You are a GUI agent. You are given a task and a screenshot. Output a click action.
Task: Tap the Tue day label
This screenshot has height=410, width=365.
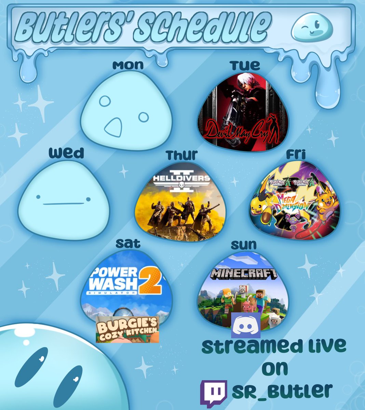pyautogui.click(x=244, y=65)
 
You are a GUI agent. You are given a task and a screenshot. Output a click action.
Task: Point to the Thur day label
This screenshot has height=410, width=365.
pyautogui.click(x=182, y=155)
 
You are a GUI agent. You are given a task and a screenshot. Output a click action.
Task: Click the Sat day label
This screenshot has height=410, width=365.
pyautogui.click(x=128, y=243)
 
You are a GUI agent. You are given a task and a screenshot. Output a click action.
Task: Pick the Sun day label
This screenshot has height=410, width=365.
pyautogui.click(x=243, y=245)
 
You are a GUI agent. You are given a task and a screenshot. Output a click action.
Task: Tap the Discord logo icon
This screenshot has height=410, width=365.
pyautogui.click(x=246, y=325)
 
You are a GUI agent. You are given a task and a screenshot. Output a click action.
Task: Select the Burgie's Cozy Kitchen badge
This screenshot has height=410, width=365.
pyautogui.click(x=127, y=329)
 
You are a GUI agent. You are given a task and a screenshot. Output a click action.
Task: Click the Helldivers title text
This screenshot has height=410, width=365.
pyautogui.click(x=181, y=179)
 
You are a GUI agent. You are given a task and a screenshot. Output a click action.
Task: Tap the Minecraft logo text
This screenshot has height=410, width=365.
pyautogui.click(x=243, y=273)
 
